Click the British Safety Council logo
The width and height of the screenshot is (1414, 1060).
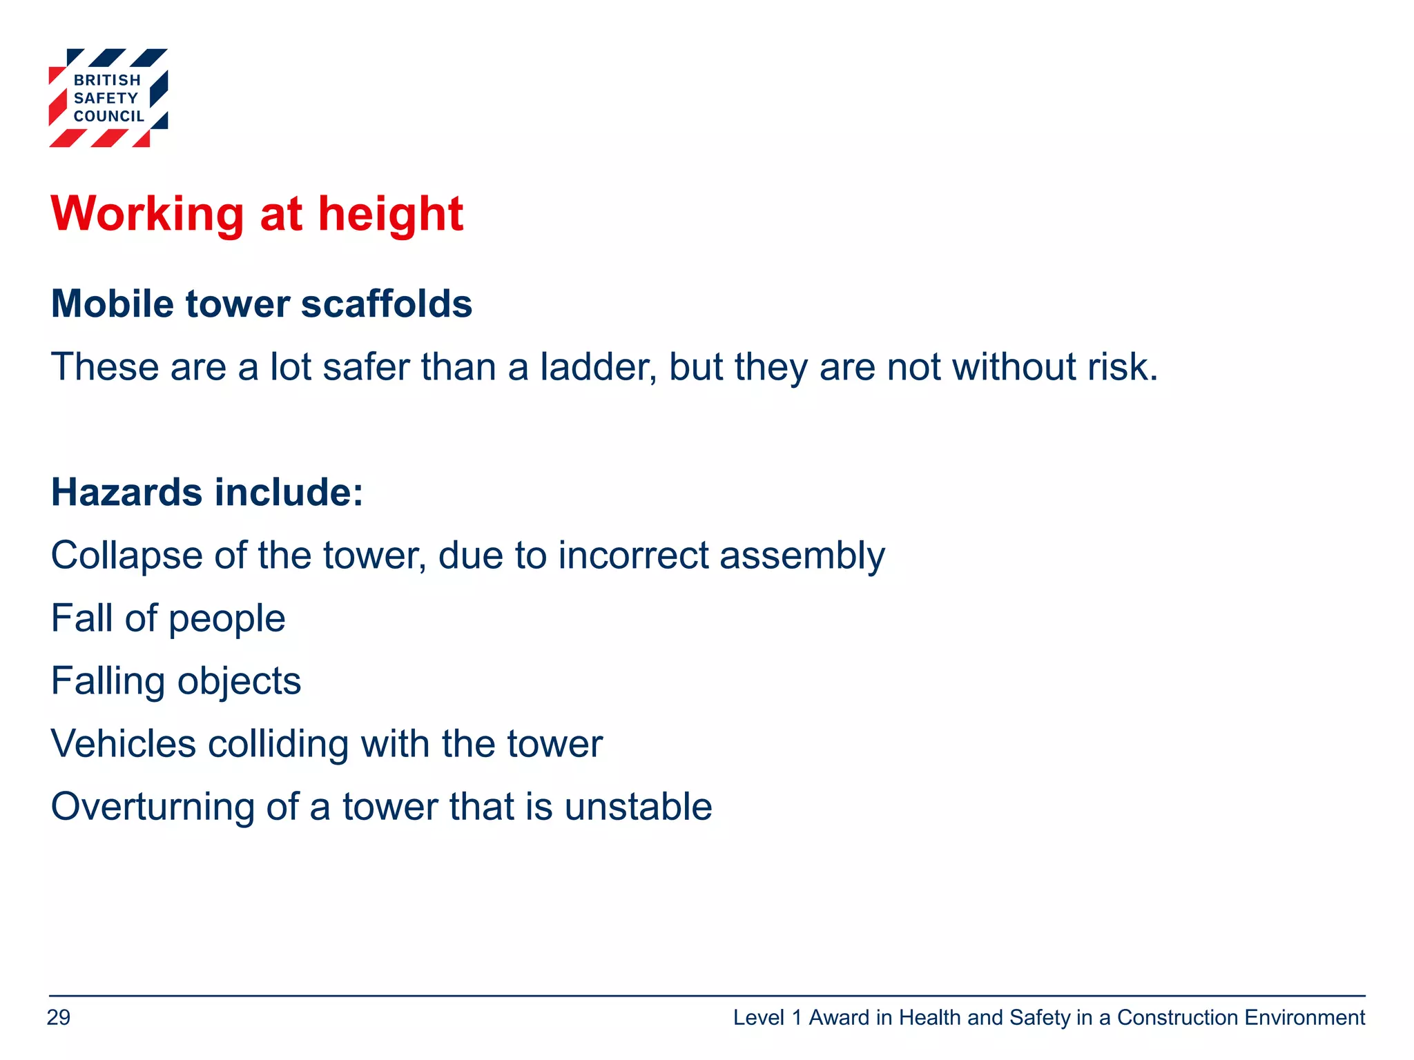(108, 97)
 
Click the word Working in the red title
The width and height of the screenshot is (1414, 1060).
(147, 214)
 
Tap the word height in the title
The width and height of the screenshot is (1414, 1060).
(390, 214)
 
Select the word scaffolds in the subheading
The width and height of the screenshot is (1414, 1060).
(387, 304)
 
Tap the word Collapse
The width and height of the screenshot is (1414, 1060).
(126, 556)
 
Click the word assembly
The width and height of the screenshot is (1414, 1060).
(802, 557)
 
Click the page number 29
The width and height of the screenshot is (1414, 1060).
(59, 1018)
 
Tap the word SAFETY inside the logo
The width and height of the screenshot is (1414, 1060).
(106, 99)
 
